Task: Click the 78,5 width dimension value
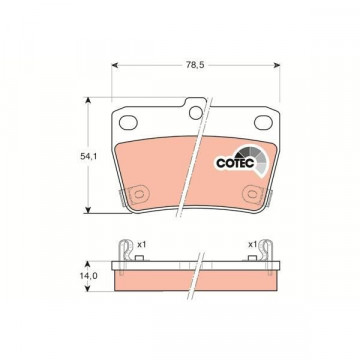pyautogui.click(x=195, y=65)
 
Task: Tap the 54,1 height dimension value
pyautogui.click(x=88, y=156)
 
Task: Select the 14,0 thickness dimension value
pyautogui.click(x=88, y=276)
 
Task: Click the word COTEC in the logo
pyautogui.click(x=235, y=163)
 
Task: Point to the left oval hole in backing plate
pyautogui.click(x=128, y=122)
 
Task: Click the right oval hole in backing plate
pyautogui.click(x=263, y=122)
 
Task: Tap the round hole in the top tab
pyautogui.click(x=196, y=113)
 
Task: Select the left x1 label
pyautogui.click(x=142, y=245)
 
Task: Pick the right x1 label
pyautogui.click(x=252, y=245)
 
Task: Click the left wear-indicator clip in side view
pyautogui.click(x=124, y=256)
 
